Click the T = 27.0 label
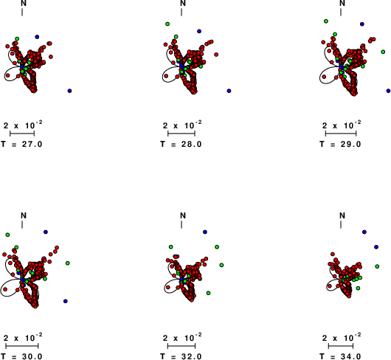tap(21, 144)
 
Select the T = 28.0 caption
tap(181, 144)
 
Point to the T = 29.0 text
tap(340, 144)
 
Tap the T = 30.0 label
tap(21, 356)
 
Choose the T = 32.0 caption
tap(181, 356)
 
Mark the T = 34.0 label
tap(340, 356)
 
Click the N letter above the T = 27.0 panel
tap(24, 3)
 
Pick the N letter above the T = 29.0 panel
tap(342, 3)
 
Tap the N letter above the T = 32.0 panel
tap(183, 215)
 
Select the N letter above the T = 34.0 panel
tap(342, 215)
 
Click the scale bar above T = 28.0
tap(181, 134)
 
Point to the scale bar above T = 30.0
tap(22, 346)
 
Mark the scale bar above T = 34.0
tap(341, 346)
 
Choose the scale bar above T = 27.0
tap(22, 134)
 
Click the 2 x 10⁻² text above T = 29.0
tap(342, 125)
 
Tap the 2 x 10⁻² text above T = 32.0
tap(182, 337)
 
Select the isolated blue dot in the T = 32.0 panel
tap(205, 232)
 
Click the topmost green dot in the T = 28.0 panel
tap(167, 24)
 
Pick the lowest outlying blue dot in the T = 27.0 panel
tap(69, 91)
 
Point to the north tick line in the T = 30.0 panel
tap(22, 224)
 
